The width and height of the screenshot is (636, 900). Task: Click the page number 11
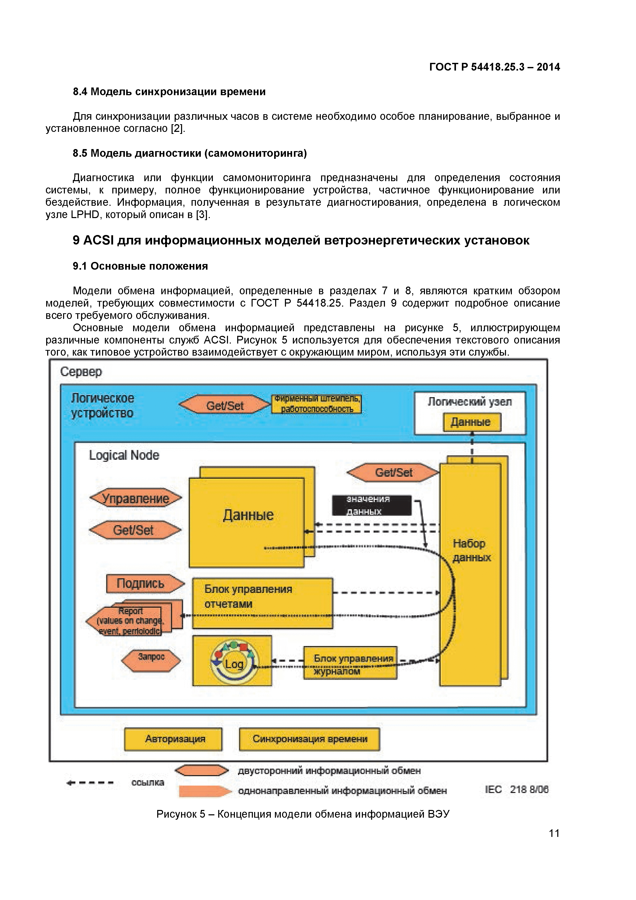tap(554, 833)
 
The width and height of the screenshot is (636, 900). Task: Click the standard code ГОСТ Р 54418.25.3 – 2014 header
tap(494, 67)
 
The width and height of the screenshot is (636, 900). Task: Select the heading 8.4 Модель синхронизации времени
tap(169, 92)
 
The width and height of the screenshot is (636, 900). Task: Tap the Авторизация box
tap(173, 739)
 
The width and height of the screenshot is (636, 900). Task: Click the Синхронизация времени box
tap(309, 739)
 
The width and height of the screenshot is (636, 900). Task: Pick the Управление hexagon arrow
tap(136, 498)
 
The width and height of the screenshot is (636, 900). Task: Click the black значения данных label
tap(372, 505)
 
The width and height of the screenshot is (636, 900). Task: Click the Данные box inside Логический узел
tap(471, 422)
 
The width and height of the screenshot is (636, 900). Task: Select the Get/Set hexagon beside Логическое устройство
tap(225, 405)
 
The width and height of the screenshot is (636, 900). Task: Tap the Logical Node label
tap(124, 455)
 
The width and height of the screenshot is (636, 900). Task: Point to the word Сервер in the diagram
tap(81, 371)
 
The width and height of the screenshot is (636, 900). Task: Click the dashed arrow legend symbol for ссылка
tap(90, 783)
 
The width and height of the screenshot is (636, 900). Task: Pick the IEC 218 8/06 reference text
tap(516, 789)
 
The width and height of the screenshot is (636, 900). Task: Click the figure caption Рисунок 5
tap(303, 814)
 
